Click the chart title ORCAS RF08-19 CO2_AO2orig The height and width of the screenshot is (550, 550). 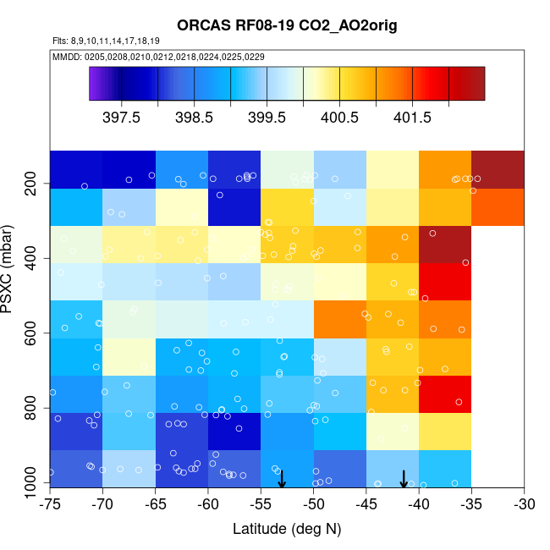click(x=287, y=26)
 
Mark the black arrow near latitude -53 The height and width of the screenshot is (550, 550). click(x=282, y=479)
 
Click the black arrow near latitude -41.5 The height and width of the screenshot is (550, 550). click(x=404, y=479)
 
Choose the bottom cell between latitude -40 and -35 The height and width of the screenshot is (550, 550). click(x=444, y=469)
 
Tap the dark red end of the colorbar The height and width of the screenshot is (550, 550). click(x=474, y=83)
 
